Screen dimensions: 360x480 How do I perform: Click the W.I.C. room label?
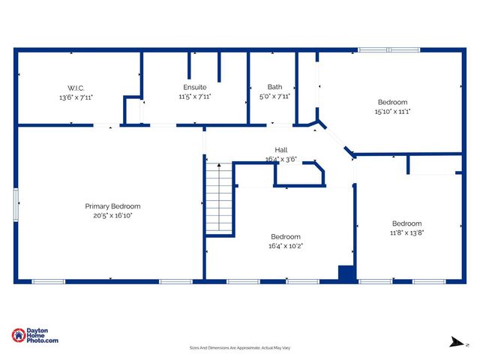pyautogui.click(x=76, y=87)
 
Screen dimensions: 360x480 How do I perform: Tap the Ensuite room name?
pyautogui.click(x=195, y=87)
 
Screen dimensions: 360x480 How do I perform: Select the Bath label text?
pyautogui.click(x=274, y=87)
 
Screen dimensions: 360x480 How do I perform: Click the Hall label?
pyautogui.click(x=281, y=150)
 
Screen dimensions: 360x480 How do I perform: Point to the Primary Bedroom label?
pyautogui.click(x=112, y=206)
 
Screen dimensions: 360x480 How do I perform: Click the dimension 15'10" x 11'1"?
pyautogui.click(x=392, y=111)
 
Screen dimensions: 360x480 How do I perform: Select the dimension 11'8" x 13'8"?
pyautogui.click(x=406, y=232)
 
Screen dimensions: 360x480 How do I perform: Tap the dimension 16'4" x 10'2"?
pyautogui.click(x=286, y=245)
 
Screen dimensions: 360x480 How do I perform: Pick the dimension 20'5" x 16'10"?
pyautogui.click(x=112, y=215)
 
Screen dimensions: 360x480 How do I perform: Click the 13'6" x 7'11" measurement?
pyautogui.click(x=76, y=97)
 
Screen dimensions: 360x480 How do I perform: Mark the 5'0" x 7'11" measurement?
pyautogui.click(x=274, y=96)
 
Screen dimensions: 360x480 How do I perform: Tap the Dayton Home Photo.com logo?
pyautogui.click(x=34, y=335)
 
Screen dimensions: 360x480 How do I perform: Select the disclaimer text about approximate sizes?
pyautogui.click(x=239, y=348)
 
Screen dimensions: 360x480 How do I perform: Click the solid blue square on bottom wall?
pyautogui.click(x=346, y=274)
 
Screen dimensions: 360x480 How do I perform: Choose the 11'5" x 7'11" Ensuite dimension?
pyautogui.click(x=195, y=96)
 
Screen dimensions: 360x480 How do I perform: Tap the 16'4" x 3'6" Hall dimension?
pyautogui.click(x=281, y=159)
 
